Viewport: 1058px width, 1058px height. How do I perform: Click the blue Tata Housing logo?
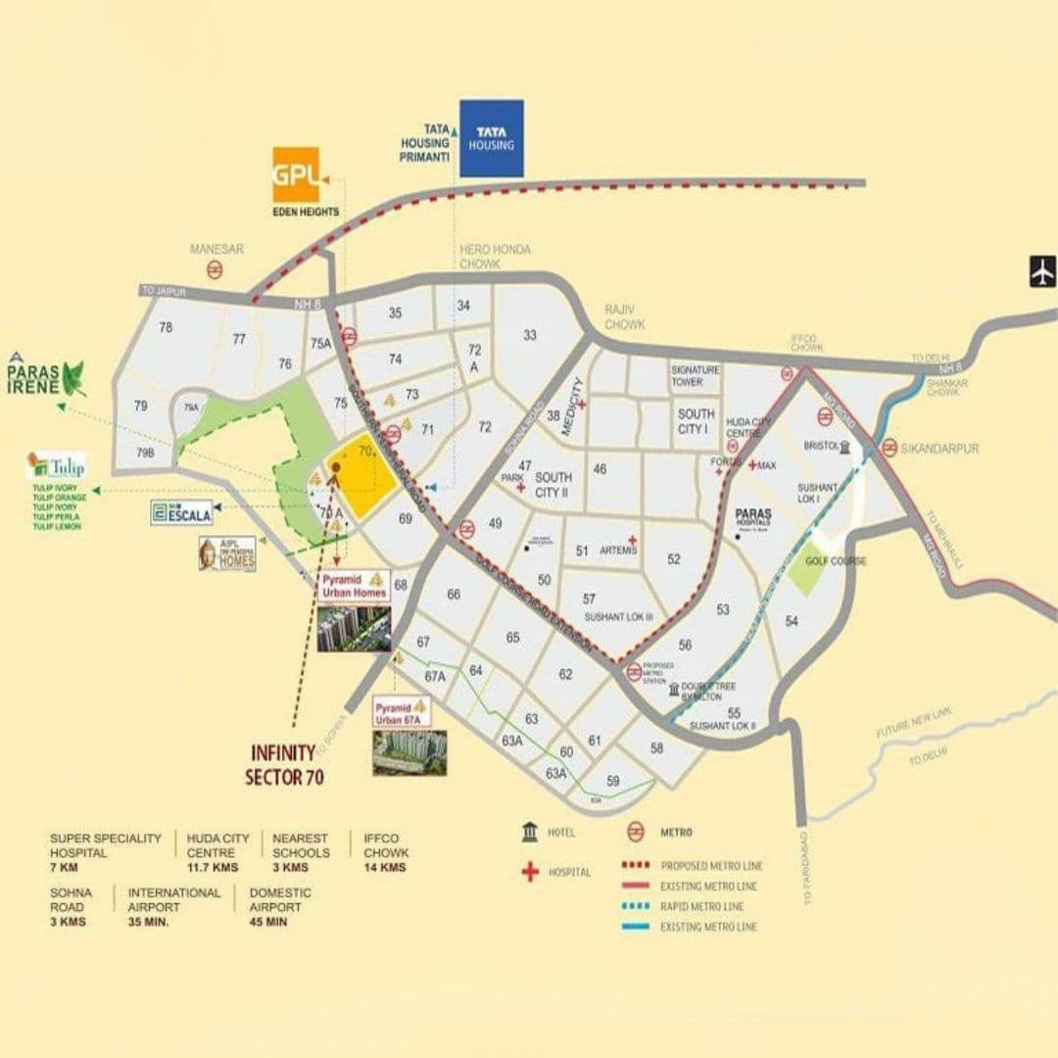click(491, 138)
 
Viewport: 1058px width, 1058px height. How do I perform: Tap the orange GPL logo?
click(296, 174)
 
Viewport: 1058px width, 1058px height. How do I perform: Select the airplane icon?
click(1042, 270)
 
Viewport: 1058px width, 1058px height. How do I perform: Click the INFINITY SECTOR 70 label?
click(283, 764)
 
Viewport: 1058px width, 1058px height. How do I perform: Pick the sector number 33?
click(530, 335)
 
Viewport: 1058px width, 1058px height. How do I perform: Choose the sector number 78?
click(166, 327)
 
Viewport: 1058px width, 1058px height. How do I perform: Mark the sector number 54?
click(792, 621)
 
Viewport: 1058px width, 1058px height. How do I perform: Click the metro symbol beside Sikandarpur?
click(890, 448)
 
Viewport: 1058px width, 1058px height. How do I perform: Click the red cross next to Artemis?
click(634, 540)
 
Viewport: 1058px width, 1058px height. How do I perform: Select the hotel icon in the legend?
click(530, 832)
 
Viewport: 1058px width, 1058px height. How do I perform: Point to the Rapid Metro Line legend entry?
click(701, 906)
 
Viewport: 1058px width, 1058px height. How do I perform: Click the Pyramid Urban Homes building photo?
click(353, 629)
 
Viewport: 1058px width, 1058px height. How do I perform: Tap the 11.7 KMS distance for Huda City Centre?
click(212, 867)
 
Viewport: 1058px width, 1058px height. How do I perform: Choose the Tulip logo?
click(57, 466)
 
